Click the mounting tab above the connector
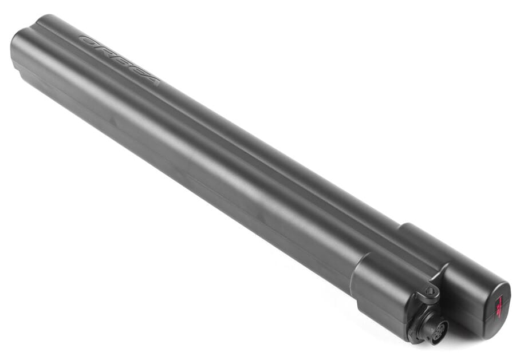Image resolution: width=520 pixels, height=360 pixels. pyautogui.click(x=432, y=289)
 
